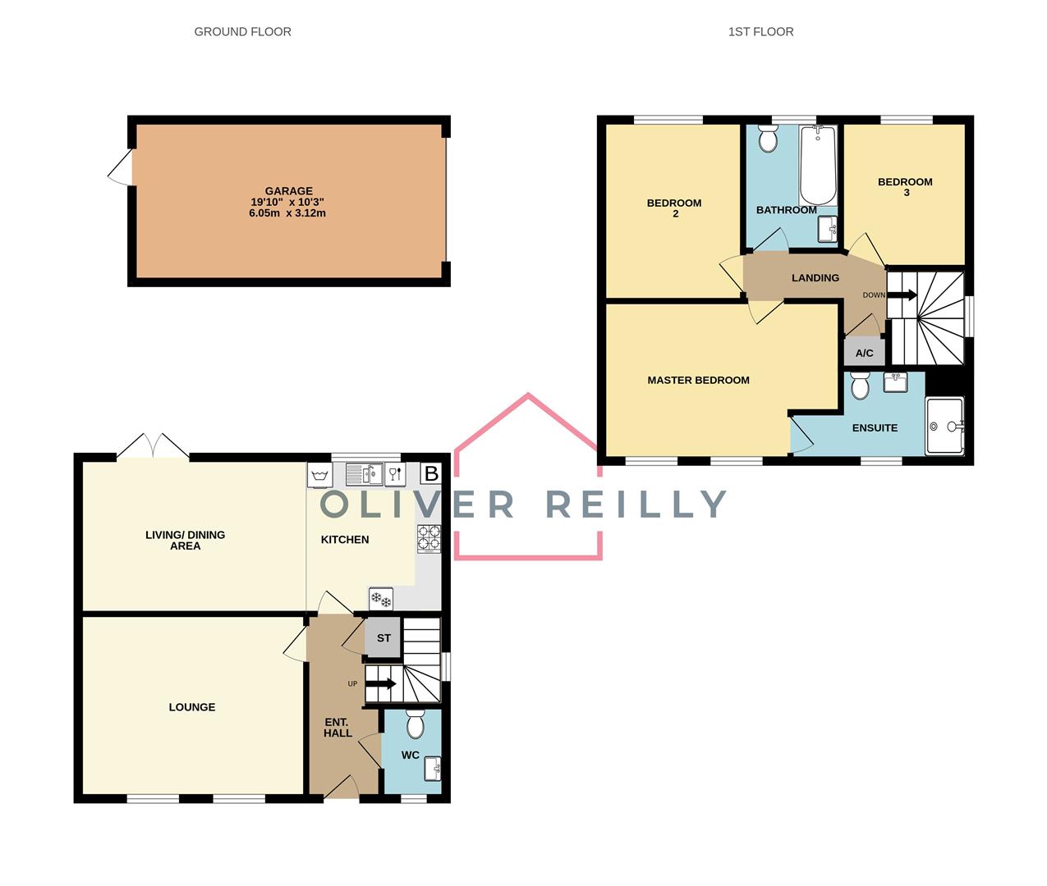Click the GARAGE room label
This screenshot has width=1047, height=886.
coord(288,191)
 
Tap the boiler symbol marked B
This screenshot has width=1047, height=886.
coord(430,473)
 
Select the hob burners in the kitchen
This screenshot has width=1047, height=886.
coord(429,538)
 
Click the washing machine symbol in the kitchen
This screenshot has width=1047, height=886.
coord(320,474)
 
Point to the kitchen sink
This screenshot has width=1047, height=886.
coord(364,474)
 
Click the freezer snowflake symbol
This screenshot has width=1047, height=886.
coord(380,599)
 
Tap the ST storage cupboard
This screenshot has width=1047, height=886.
coord(383,638)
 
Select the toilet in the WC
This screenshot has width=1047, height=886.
coord(415,724)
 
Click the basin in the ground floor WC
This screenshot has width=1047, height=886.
coord(432,769)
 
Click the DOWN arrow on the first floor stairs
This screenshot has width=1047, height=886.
coord(902,295)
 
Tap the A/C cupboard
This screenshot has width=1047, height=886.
coord(864,353)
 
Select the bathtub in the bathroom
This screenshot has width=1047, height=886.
coord(817,165)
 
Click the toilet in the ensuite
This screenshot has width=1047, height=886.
coord(860,385)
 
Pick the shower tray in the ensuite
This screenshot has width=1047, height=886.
coord(944,426)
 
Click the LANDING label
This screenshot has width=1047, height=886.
coord(815,278)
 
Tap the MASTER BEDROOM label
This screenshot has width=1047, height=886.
coord(698,380)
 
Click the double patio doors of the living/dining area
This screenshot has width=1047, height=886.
coord(153,446)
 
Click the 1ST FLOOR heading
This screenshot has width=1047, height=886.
coord(760,32)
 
